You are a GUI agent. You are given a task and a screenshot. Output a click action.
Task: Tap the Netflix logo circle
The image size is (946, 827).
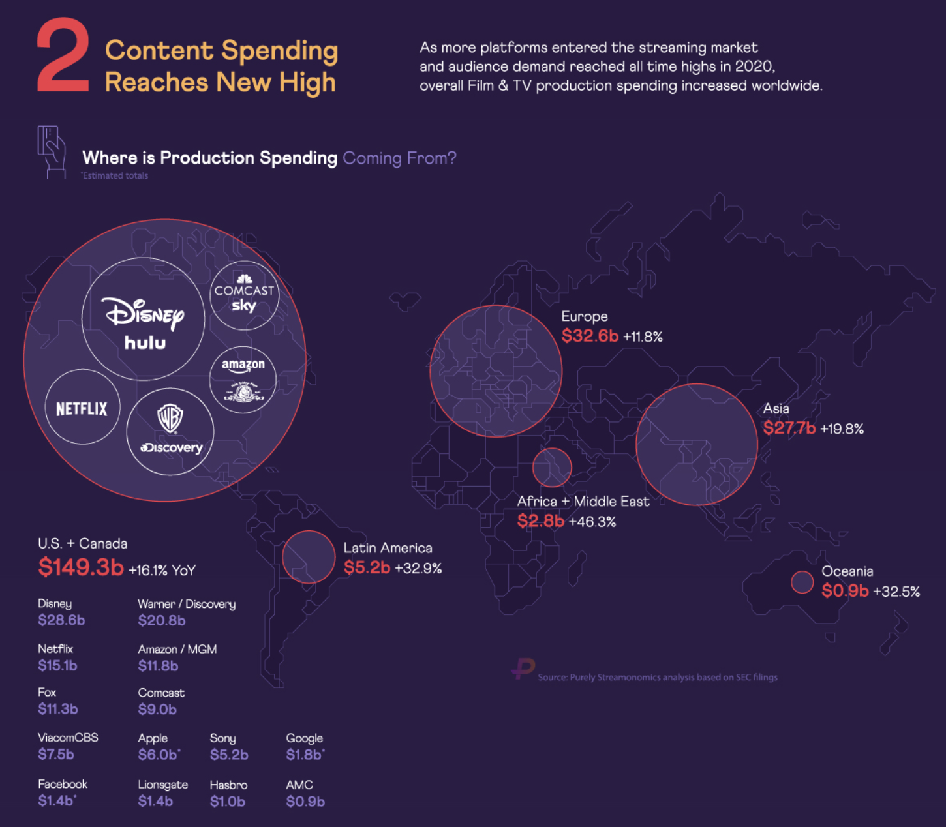click(82, 407)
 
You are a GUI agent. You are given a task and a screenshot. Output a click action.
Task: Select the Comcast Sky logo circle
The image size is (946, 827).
click(244, 295)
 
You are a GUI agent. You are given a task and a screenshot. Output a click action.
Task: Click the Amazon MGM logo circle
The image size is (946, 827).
click(243, 380)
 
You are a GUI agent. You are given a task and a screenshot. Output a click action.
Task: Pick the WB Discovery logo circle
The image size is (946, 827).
click(170, 432)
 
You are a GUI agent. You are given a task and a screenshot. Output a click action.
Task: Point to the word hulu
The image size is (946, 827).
click(145, 342)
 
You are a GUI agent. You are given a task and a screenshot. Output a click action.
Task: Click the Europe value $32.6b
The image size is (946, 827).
click(590, 336)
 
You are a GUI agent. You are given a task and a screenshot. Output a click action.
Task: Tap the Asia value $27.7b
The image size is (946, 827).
click(789, 428)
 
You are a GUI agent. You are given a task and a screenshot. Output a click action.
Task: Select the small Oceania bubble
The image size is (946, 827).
click(802, 582)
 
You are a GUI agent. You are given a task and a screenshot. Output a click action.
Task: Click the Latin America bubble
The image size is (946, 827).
click(309, 557)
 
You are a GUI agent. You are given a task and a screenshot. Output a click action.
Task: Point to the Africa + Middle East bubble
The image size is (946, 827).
click(551, 468)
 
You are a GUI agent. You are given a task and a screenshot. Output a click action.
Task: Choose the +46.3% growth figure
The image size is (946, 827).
click(592, 522)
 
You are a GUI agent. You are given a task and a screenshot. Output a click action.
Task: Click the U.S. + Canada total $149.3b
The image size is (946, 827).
click(81, 567)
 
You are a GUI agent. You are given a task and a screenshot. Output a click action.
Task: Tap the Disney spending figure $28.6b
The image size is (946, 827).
click(61, 620)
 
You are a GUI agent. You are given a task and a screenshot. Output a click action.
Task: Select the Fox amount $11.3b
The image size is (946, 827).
click(58, 709)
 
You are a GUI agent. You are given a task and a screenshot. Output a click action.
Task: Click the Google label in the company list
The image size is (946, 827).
click(304, 739)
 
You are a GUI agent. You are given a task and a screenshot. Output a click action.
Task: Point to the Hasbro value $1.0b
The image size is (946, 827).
click(227, 802)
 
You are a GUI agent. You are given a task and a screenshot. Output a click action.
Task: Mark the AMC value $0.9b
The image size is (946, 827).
click(305, 802)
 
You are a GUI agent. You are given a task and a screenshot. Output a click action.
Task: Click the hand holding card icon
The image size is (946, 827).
click(52, 151)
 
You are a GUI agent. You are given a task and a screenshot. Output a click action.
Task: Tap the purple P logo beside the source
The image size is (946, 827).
click(523, 669)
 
